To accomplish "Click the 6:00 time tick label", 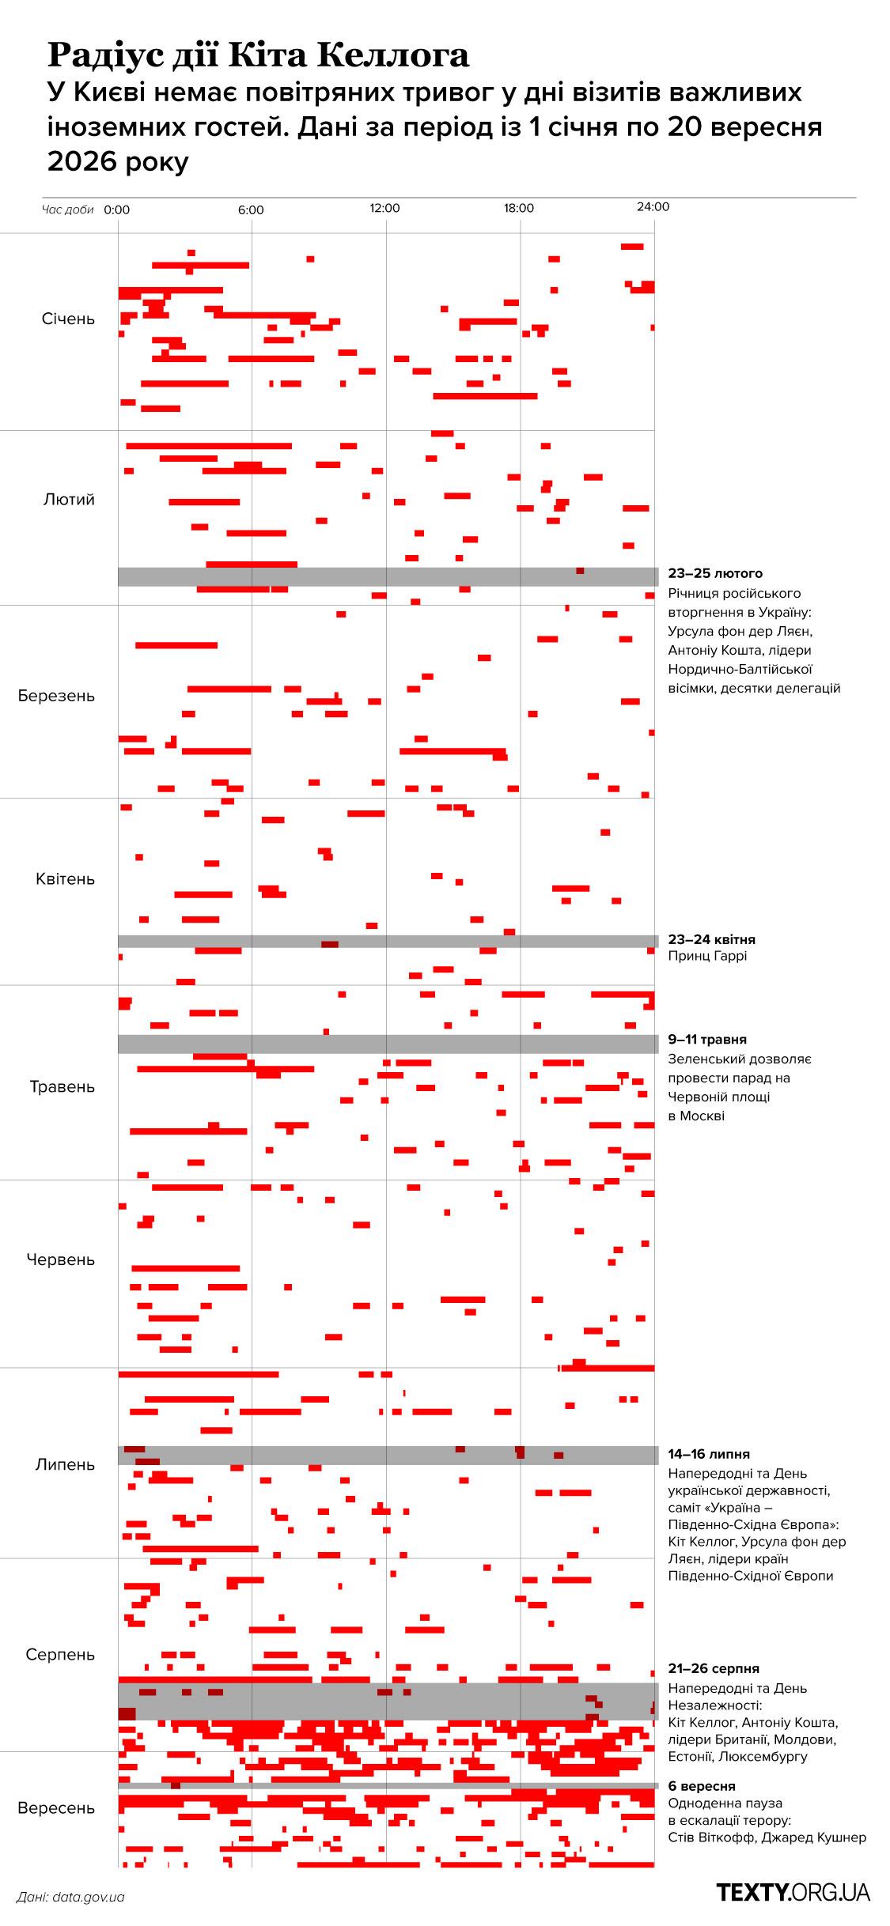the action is [251, 210].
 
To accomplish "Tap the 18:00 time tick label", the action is [519, 209].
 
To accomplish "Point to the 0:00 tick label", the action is [117, 210].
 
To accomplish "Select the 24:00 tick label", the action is [653, 207].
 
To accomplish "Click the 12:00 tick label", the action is [385, 209].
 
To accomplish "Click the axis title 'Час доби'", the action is [68, 210].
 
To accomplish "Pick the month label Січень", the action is [68, 319].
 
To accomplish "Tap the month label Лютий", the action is [70, 500].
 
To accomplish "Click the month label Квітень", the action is [66, 879].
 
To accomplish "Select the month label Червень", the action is [61, 1259].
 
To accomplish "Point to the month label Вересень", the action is [56, 1808].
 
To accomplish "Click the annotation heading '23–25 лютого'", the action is [715, 573].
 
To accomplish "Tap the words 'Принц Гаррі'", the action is [707, 956].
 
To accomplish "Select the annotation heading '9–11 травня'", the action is [707, 1040].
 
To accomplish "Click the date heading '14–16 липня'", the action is [709, 1454].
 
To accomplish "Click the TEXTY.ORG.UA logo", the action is [793, 1892].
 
